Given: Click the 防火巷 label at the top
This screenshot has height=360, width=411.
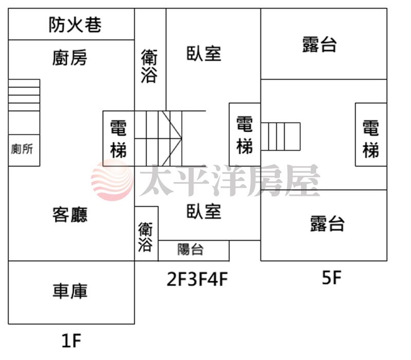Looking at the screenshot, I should pos(75,24).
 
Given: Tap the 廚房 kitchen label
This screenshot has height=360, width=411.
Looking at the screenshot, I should pos(70,58).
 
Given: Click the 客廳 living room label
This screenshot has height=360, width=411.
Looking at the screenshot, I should pos(70,214).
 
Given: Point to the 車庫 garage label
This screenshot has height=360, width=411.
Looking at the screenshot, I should pos(70,291).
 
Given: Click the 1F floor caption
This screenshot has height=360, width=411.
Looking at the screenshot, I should pos(71,340).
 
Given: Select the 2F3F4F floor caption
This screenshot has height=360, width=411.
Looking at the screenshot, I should pos(197,279).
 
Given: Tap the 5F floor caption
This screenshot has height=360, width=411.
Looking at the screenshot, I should pos(331,278).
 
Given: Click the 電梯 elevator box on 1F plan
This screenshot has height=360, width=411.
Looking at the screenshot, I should pos(119,138).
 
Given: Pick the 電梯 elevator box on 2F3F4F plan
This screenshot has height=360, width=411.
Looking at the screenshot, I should pos(245,135).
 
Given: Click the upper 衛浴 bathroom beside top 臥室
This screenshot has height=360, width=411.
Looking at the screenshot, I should pos(150,65).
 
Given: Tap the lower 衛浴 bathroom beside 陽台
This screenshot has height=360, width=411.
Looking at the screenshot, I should pos(146,237).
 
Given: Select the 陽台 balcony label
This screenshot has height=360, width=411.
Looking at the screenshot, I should pos(191,250).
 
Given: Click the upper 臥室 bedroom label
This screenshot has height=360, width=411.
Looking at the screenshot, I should pos(204,53).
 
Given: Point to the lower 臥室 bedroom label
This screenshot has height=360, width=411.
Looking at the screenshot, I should pos(204,211).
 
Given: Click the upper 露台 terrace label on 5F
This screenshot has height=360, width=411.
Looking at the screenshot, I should pos(320,44).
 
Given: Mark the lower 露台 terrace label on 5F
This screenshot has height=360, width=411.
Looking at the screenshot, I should pos(327,224).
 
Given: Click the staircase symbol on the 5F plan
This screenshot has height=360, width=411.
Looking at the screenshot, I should pos(281,136).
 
